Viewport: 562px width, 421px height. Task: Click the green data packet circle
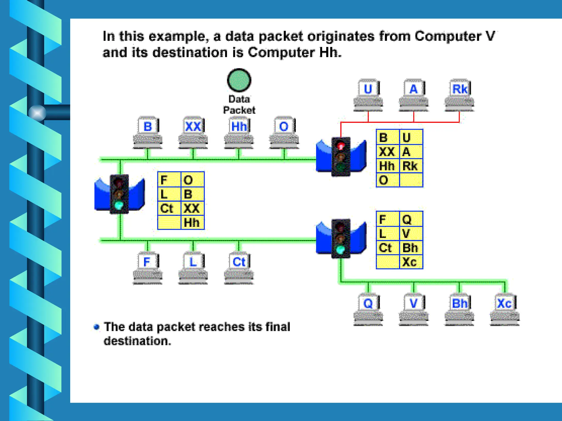(239, 80)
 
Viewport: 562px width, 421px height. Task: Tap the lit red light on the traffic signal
(341, 146)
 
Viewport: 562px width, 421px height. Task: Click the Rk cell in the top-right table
(411, 166)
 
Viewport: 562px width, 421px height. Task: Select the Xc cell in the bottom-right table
(411, 262)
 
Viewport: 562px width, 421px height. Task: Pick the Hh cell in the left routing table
(192, 223)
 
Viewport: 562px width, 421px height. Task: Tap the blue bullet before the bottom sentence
(96, 327)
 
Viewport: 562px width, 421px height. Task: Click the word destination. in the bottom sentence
(137, 341)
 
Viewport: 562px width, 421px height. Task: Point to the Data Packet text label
(239, 105)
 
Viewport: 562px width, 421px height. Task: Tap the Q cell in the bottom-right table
(411, 219)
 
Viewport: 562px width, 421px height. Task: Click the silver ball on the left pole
(37, 113)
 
